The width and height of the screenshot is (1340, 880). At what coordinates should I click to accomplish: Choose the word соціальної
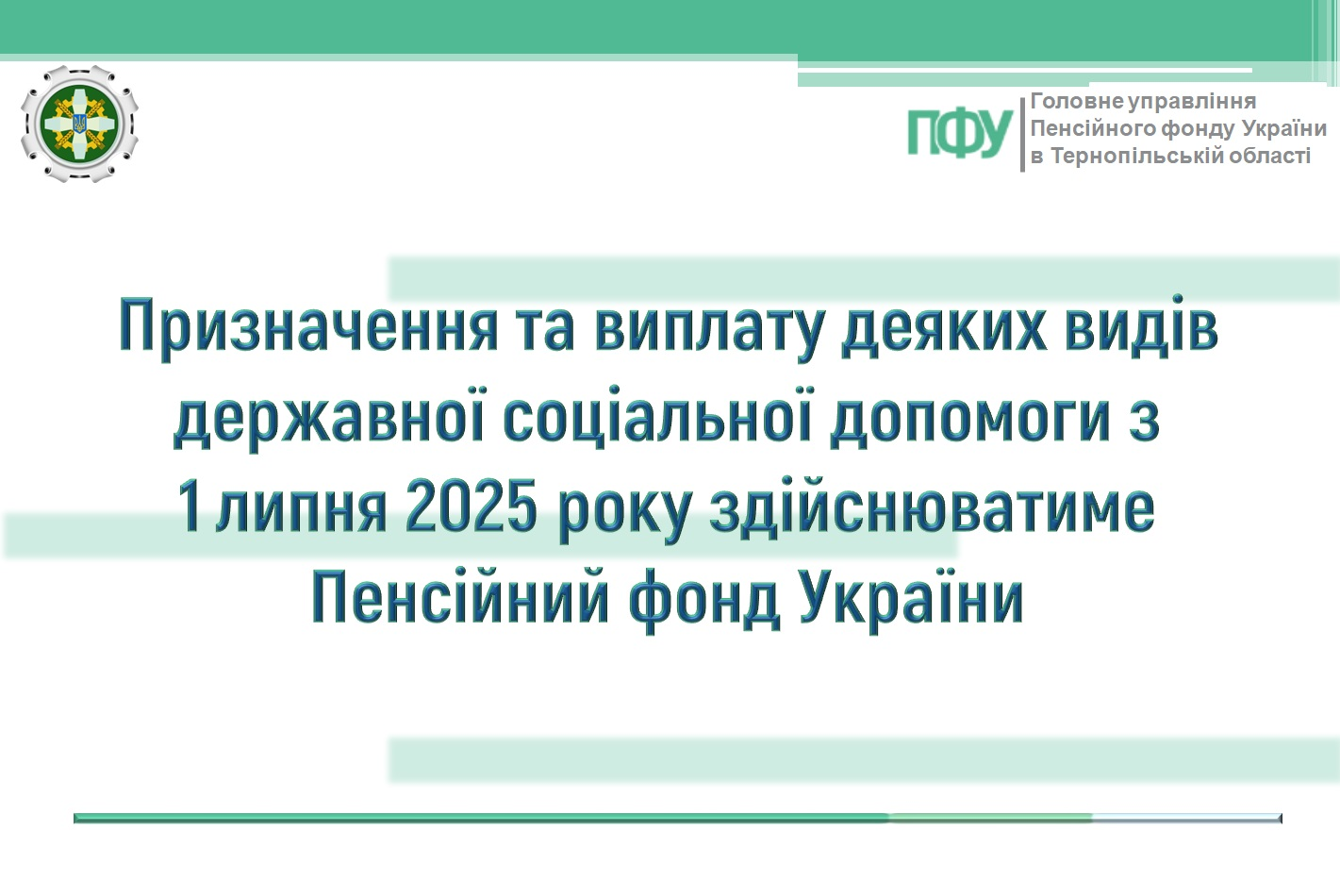click(x=657, y=415)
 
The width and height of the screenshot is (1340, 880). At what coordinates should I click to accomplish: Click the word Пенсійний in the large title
click(x=460, y=597)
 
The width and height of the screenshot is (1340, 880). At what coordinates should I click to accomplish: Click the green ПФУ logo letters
click(x=960, y=133)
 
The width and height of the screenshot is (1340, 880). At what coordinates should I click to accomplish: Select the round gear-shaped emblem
click(x=79, y=124)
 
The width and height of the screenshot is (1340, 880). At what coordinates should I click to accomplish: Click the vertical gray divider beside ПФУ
click(x=1022, y=134)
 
